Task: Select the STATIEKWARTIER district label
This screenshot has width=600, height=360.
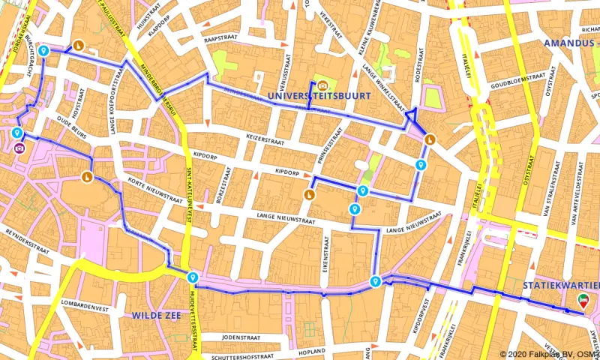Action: coord(561,286)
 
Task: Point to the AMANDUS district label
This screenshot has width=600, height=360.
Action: coord(568,44)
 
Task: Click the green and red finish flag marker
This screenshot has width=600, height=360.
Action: coord(583,300)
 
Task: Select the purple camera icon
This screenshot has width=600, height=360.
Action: coord(19,148)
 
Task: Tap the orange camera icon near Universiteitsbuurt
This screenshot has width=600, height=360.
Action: coord(322,85)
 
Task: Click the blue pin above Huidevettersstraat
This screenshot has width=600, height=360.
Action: coord(193,277)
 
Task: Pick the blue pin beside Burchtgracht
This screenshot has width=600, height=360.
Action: coord(44,51)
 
